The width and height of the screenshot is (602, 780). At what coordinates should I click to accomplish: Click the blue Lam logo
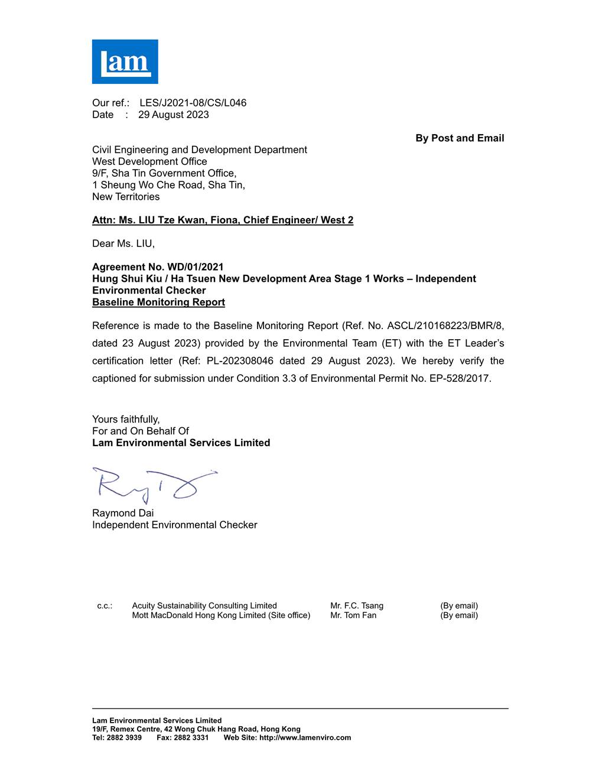click(x=125, y=61)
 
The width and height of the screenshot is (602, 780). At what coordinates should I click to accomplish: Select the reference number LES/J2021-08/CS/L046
click(x=193, y=103)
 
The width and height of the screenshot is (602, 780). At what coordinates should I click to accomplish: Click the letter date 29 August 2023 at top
click(x=173, y=115)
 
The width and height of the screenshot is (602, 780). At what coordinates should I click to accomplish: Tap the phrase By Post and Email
click(x=460, y=138)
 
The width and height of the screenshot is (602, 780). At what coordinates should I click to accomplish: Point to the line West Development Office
click(x=149, y=161)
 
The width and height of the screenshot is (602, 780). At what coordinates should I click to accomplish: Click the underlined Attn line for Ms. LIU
click(x=223, y=220)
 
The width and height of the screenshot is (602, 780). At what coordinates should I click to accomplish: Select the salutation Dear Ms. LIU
click(x=123, y=243)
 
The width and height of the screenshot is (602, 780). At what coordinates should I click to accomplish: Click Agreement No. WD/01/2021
click(x=158, y=267)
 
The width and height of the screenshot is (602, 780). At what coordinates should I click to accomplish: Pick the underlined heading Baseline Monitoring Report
click(x=158, y=303)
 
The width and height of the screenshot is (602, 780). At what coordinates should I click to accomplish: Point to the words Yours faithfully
click(x=126, y=420)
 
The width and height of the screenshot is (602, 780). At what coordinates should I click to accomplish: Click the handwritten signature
click(x=154, y=485)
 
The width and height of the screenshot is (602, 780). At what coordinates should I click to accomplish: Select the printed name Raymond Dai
click(x=123, y=513)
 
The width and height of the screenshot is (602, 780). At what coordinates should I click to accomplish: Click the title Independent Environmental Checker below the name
click(x=174, y=525)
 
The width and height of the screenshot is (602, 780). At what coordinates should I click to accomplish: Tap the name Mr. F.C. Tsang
click(x=357, y=606)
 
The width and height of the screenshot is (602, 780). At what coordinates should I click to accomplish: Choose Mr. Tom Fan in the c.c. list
click(x=353, y=615)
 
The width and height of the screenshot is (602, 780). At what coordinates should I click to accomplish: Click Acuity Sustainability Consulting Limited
click(x=204, y=606)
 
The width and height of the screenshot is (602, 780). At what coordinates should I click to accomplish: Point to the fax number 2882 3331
click(x=191, y=737)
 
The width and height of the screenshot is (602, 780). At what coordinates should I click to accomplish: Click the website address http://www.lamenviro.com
click(x=305, y=737)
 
